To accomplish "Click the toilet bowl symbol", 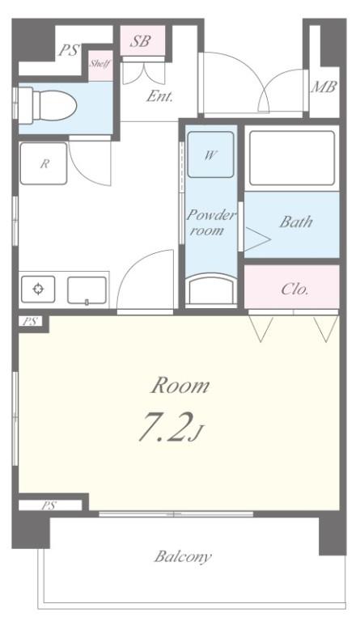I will (x=47, y=103).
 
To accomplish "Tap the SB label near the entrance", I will (x=141, y=41).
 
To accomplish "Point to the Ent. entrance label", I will (x=160, y=95).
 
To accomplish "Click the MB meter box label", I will (x=324, y=87).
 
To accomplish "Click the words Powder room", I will (x=211, y=222).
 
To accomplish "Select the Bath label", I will (x=295, y=222).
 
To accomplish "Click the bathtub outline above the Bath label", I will (x=290, y=158).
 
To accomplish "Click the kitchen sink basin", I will (x=87, y=289).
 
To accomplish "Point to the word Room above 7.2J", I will (x=180, y=386).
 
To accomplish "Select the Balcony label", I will (x=183, y=556).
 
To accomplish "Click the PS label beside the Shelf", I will (x=69, y=50).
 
